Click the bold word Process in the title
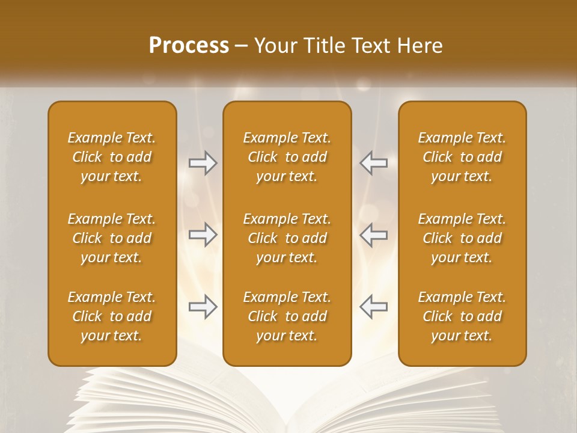click(x=189, y=46)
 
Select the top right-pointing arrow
click(x=203, y=163)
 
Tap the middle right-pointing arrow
click(x=203, y=235)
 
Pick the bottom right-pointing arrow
click(x=203, y=307)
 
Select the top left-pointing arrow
click(x=373, y=163)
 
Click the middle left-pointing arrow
click(x=373, y=235)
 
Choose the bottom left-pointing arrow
click(x=373, y=307)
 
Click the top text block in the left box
click(x=112, y=157)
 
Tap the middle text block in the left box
click(x=112, y=238)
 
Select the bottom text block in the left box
click(x=112, y=316)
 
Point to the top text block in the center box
click(x=287, y=157)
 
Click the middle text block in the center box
click(x=287, y=238)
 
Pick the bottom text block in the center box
click(x=287, y=316)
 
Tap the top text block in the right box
click(x=462, y=157)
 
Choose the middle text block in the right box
click(x=462, y=238)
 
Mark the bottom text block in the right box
click(x=462, y=316)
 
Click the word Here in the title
click(x=420, y=46)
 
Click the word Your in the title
click(x=274, y=46)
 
